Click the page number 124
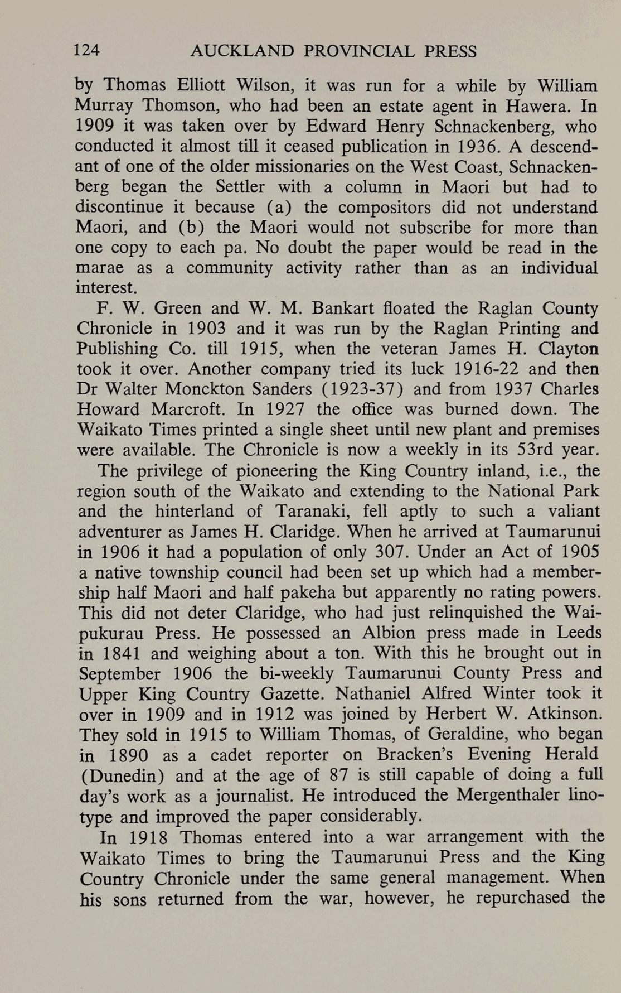pos(87,51)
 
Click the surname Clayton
pos(569,349)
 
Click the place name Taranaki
pos(313,512)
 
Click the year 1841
pos(120,653)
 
